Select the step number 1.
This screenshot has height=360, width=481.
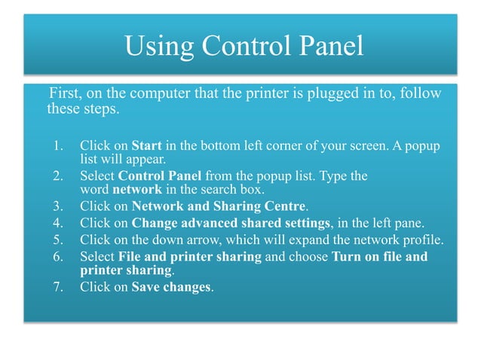click(x=57, y=145)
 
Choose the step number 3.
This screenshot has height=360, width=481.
click(x=57, y=206)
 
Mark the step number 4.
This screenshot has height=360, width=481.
click(x=57, y=222)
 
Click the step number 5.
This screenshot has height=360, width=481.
click(x=57, y=240)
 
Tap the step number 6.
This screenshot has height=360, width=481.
click(x=57, y=257)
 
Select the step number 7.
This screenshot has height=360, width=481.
click(x=57, y=287)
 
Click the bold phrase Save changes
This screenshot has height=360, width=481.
click(x=171, y=287)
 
